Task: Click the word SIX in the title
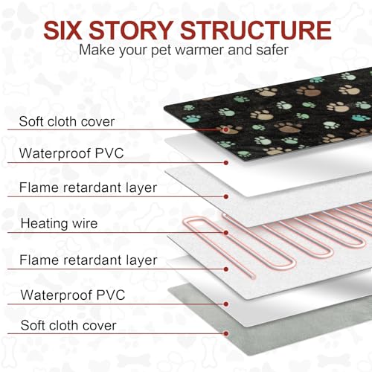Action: (62, 31)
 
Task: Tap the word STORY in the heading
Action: (131, 31)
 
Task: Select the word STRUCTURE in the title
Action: (256, 31)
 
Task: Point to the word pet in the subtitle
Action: (162, 51)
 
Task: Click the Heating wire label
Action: (59, 223)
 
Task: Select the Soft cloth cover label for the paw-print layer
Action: (67, 121)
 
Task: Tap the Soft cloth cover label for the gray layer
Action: (68, 325)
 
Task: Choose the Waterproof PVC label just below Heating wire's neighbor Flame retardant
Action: (73, 295)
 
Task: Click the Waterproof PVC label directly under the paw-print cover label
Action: (71, 153)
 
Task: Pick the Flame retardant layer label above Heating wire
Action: (88, 187)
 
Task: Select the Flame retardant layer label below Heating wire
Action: (89, 260)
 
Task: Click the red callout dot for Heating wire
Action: (226, 233)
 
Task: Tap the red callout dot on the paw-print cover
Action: (225, 129)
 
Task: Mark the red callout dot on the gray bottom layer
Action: (226, 333)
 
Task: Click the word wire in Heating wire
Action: (85, 223)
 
